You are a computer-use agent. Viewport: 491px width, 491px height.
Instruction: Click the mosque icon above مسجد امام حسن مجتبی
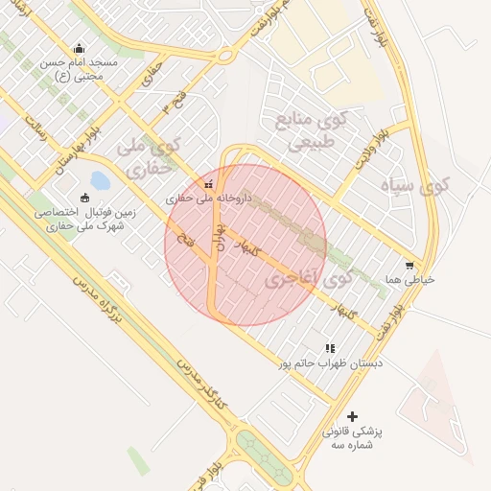[79, 49]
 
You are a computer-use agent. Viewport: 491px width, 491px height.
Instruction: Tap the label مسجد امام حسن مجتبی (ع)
[79, 69]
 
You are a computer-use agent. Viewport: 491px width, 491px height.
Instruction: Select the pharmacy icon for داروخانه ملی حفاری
[209, 184]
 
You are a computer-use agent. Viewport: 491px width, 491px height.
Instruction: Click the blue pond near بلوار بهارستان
[100, 180]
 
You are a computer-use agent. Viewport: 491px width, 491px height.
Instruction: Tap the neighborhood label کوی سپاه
[413, 184]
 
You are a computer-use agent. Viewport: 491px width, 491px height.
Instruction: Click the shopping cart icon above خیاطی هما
[410, 266]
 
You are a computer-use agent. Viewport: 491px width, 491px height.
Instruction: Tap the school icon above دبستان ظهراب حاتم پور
[330, 349]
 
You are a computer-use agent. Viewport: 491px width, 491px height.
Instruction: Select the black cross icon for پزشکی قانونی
[352, 416]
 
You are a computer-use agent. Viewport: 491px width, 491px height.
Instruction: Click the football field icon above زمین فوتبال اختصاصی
[84, 198]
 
